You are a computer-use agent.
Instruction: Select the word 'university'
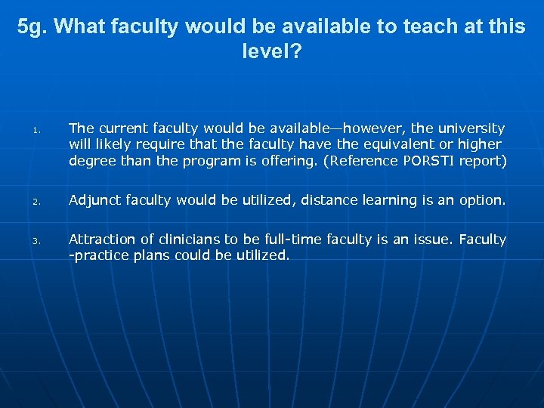point(466,128)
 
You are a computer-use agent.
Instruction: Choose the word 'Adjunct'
point(94,200)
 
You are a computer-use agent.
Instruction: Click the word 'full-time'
point(283,240)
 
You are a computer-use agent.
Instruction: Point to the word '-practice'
point(97,255)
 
